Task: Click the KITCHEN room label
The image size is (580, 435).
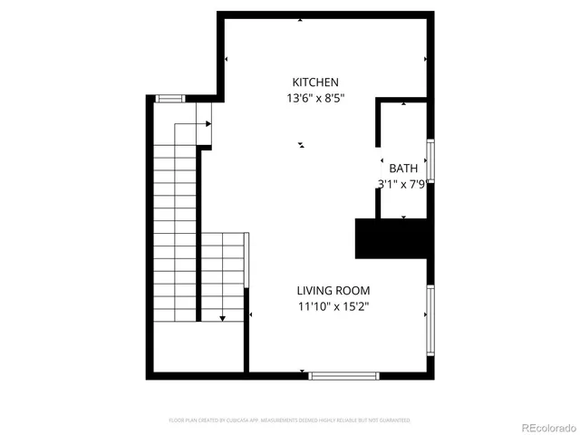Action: pyautogui.click(x=314, y=82)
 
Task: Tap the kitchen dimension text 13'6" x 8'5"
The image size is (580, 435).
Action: pyautogui.click(x=314, y=98)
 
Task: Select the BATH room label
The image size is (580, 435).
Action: pyautogui.click(x=403, y=169)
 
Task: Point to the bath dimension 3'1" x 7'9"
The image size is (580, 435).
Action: pyautogui.click(x=402, y=184)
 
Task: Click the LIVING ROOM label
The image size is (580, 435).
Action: pyautogui.click(x=333, y=290)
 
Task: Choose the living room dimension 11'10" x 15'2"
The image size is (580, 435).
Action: pyautogui.click(x=333, y=306)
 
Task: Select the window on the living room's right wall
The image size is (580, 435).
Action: pyautogui.click(x=430, y=314)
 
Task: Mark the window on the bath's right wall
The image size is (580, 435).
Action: pyautogui.click(x=431, y=160)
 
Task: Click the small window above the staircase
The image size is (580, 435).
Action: pyautogui.click(x=169, y=98)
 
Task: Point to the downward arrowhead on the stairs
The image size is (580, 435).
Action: pyautogui.click(x=222, y=318)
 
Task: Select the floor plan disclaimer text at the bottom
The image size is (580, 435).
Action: pyautogui.click(x=289, y=420)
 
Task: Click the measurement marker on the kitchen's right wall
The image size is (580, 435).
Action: pyautogui.click(x=426, y=60)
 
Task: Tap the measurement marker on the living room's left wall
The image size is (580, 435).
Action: pyautogui.click(x=249, y=314)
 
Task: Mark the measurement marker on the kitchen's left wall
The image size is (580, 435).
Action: pyautogui.click(x=226, y=60)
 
